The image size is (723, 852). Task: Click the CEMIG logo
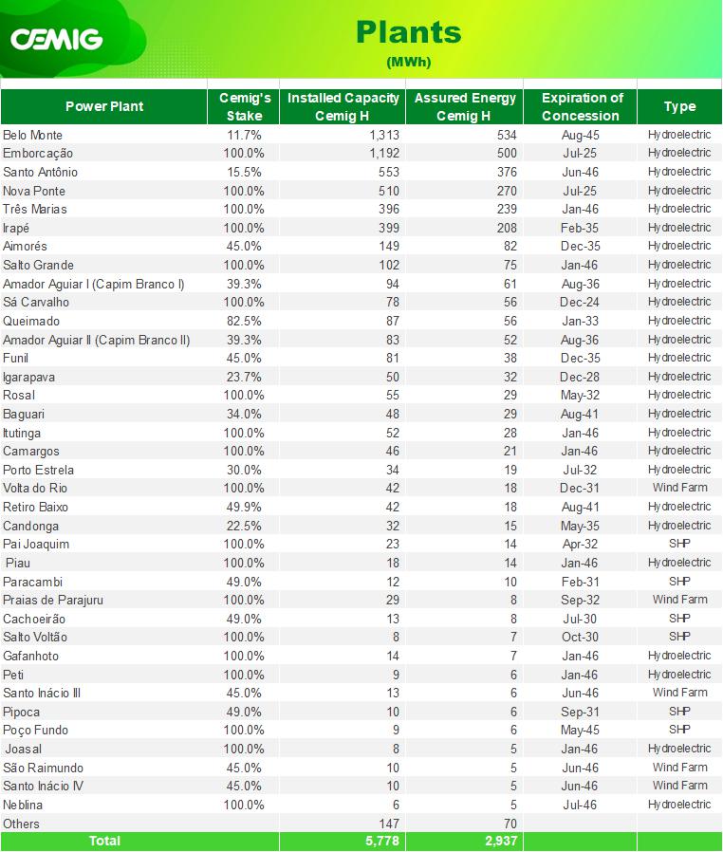(x=57, y=39)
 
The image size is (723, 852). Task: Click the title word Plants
(x=409, y=32)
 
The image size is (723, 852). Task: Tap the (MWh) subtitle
(x=409, y=62)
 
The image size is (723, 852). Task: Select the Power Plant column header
(x=104, y=106)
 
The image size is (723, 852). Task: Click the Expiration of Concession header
(x=582, y=106)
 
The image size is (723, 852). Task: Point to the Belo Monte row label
(x=32, y=135)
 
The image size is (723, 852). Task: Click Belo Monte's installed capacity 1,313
(x=384, y=135)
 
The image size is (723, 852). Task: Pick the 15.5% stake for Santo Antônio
(x=244, y=173)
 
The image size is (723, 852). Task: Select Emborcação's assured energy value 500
(x=507, y=154)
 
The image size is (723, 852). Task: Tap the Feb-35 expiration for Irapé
(x=580, y=229)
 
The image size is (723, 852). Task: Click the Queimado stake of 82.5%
(x=244, y=321)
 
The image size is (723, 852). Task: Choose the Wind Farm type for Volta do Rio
(x=680, y=488)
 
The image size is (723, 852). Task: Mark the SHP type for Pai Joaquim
(x=680, y=544)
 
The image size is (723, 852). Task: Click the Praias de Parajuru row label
(x=53, y=600)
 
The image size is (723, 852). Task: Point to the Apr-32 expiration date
(x=580, y=544)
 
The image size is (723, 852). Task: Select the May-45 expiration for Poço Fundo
(x=580, y=731)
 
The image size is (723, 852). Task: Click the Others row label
(x=21, y=824)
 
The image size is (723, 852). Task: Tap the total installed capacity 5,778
(x=382, y=842)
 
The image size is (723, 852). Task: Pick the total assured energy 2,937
(x=501, y=842)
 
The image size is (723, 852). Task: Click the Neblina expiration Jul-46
(x=580, y=805)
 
